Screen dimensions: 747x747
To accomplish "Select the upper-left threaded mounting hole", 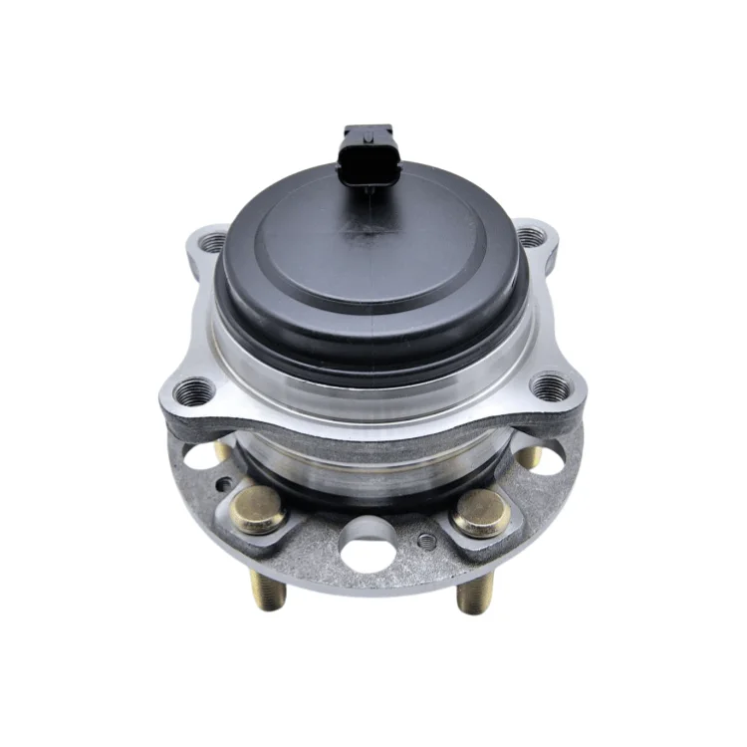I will coord(213,240).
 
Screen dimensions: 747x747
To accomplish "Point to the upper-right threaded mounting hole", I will coord(532,237).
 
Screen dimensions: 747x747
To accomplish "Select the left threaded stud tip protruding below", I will coord(272,596).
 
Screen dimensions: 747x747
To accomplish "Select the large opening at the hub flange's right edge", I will coord(545,453).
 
